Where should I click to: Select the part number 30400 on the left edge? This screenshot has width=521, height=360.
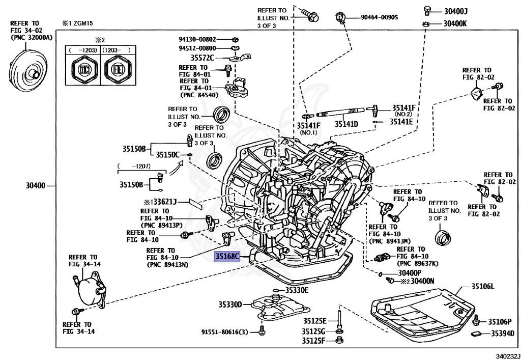point(35,185)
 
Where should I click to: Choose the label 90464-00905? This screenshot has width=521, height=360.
point(380,17)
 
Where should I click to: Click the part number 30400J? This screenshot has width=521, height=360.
point(456,11)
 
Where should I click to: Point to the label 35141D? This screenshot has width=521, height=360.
point(346,124)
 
